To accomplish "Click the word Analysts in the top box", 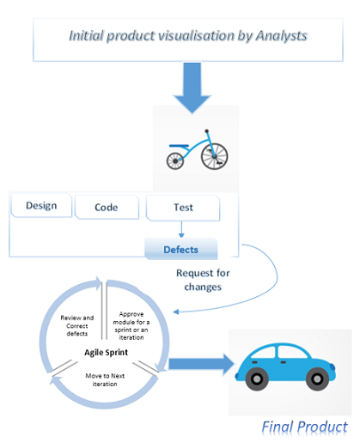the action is [281, 37].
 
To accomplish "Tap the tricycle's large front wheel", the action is [215, 156].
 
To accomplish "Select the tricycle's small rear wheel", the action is [175, 161].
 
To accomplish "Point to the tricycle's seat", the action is [179, 146].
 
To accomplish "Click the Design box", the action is [41, 205].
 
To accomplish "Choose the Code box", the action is [107, 207].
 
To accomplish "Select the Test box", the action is [183, 208].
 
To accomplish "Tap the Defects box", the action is [181, 249].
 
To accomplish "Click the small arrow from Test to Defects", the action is [181, 229].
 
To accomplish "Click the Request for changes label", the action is [203, 280].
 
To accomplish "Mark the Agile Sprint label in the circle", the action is [106, 353].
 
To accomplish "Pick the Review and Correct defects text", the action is [77, 325].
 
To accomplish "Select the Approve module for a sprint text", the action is [131, 326].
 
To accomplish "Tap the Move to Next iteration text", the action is [105, 379].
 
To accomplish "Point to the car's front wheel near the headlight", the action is [317, 379].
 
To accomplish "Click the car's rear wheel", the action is [257, 379].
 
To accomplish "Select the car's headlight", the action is [332, 366].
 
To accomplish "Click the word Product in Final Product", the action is [322, 427].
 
